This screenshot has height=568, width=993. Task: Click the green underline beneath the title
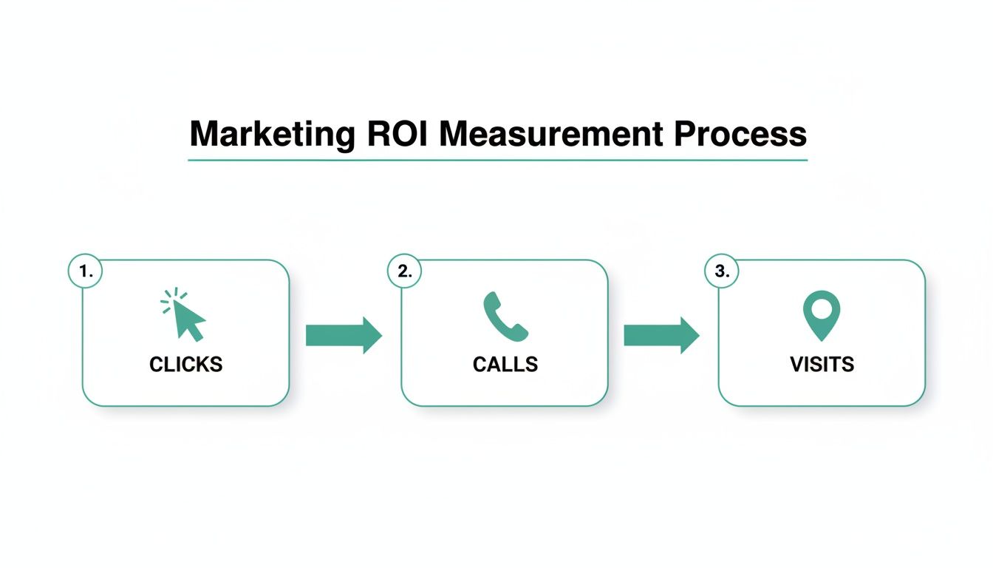(497, 160)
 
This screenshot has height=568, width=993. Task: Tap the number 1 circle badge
(85, 271)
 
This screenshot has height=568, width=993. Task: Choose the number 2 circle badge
(404, 271)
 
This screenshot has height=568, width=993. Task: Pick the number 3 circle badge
(721, 271)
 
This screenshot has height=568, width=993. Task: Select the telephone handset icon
(505, 317)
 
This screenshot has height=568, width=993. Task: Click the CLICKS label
(185, 365)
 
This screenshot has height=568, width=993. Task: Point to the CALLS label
(505, 365)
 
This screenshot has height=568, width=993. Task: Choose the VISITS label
(822, 365)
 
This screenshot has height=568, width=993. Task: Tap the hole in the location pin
(822, 306)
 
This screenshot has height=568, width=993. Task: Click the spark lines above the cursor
(169, 300)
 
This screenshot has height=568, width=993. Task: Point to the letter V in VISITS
(796, 365)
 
